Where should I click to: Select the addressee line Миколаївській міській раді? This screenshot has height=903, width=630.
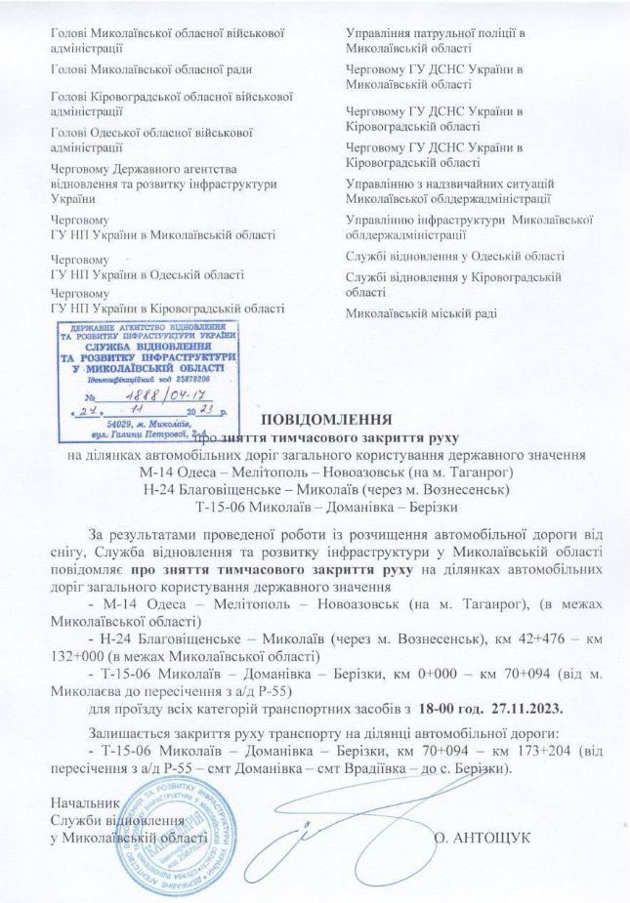point(422,313)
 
